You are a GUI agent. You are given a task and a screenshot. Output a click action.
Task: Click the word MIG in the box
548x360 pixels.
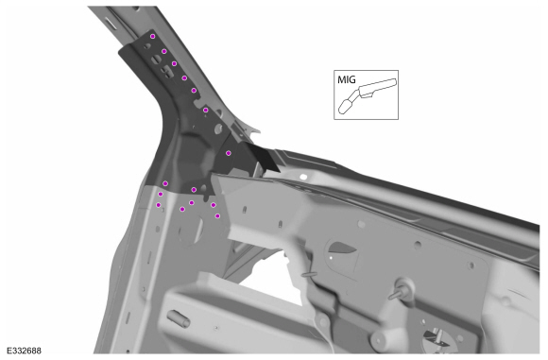point(347,79)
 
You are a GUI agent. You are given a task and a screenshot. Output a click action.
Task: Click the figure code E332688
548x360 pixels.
point(25,351)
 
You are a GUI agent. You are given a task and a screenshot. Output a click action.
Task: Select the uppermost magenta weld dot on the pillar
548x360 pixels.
point(153,36)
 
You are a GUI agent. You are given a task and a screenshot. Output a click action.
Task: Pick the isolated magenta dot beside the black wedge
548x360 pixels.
point(229,153)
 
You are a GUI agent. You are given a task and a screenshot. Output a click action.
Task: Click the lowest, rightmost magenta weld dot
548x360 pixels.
point(217,216)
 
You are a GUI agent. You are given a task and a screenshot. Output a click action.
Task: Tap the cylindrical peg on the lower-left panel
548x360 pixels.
point(179,318)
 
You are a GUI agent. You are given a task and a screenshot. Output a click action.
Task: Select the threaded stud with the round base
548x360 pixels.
point(402,289)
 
